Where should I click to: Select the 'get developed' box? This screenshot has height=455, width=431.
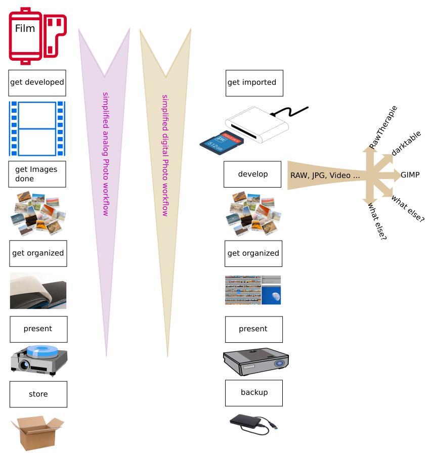(x=37, y=82)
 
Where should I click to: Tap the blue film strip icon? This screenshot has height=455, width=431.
(x=37, y=128)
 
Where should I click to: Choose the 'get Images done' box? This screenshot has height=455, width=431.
(x=37, y=174)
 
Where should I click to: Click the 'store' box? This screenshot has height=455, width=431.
(x=38, y=394)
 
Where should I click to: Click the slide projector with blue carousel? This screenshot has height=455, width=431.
(x=39, y=360)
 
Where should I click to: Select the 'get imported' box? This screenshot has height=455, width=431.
(x=254, y=82)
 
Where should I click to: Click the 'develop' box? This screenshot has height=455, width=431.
(x=252, y=174)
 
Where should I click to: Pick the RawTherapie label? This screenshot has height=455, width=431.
(x=383, y=127)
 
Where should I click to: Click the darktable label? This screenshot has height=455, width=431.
(x=406, y=144)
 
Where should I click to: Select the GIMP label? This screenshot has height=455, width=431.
(x=410, y=175)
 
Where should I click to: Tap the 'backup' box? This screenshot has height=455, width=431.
(x=254, y=392)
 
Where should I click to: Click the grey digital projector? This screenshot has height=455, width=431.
(x=256, y=360)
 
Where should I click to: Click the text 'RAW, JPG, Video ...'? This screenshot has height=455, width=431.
(x=325, y=175)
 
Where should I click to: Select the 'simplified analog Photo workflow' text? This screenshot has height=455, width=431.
(x=106, y=154)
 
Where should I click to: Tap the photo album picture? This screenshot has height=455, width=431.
(x=38, y=291)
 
